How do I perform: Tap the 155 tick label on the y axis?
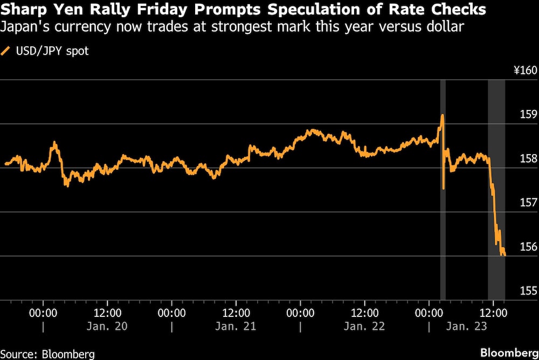tap(529, 291)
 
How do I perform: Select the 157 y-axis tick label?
tap(529, 203)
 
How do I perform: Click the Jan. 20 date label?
tap(107, 327)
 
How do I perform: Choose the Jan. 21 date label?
tap(236, 327)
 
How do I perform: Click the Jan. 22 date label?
tap(364, 327)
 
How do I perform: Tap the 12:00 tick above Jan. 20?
tap(107, 312)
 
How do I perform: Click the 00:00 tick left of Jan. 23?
tap(429, 312)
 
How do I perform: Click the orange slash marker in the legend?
tap(6, 51)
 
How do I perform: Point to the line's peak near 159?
tap(442, 115)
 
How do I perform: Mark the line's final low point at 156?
tap(504, 255)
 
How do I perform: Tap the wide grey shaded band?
tap(496, 189)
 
